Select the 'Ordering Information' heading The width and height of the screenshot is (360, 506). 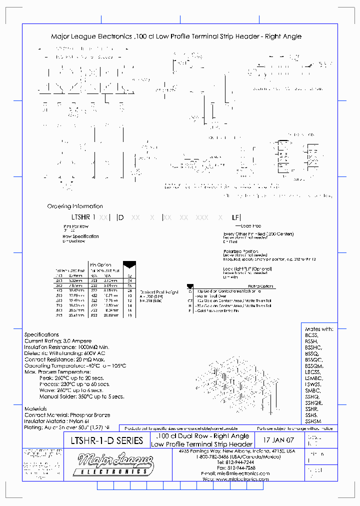[x=75, y=206]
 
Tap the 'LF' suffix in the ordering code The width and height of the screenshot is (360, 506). [x=235, y=217]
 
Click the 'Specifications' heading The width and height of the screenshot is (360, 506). [x=41, y=334]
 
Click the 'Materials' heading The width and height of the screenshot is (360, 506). [x=37, y=408]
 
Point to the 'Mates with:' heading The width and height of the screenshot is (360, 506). [x=319, y=329]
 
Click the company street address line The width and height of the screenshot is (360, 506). [x=237, y=450]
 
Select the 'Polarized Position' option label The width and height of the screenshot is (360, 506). [x=240, y=251]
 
